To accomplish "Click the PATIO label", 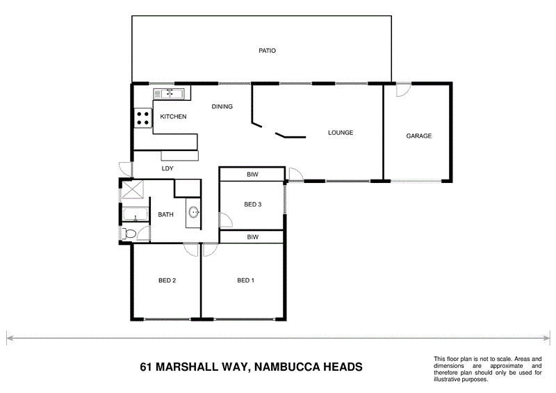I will pyautogui.click(x=268, y=51).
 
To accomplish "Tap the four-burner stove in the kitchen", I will pyautogui.click(x=144, y=118).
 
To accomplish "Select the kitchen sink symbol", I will pyautogui.click(x=170, y=93).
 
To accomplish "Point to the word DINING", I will pyautogui.click(x=222, y=106).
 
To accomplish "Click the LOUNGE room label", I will pyautogui.click(x=341, y=133).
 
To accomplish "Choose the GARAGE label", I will pyautogui.click(x=419, y=136).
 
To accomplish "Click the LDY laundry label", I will pyautogui.click(x=167, y=168).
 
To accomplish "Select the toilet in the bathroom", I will pyautogui.click(x=130, y=233).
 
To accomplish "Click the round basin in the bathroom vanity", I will pyautogui.click(x=193, y=212).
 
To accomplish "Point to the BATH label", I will pyautogui.click(x=165, y=215).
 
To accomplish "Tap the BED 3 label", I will pyautogui.click(x=252, y=204).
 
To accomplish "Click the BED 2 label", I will pyautogui.click(x=167, y=281).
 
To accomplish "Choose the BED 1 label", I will pyautogui.click(x=245, y=281).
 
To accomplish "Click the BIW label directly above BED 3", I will pyautogui.click(x=252, y=175).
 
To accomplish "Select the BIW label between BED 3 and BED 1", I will pyautogui.click(x=252, y=237).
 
